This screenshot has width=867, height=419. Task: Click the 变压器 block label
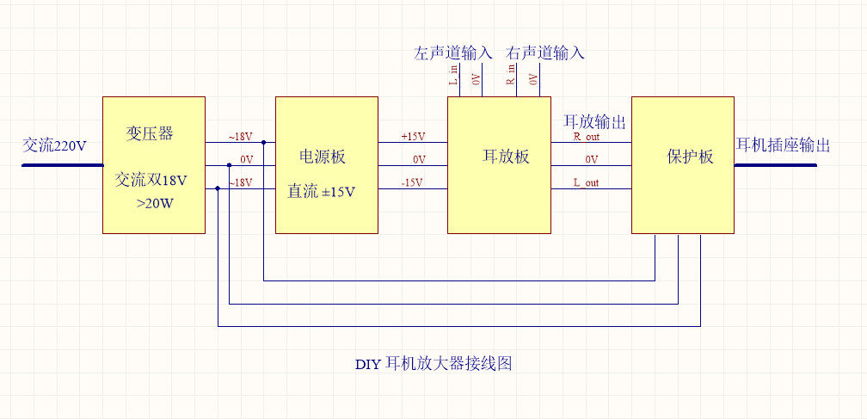pyautogui.click(x=150, y=133)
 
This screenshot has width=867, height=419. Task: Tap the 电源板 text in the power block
pyautogui.click(x=322, y=157)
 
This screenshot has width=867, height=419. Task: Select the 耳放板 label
pyautogui.click(x=505, y=157)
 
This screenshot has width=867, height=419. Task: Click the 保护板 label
pyautogui.click(x=690, y=157)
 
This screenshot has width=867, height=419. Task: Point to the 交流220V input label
pyautogui.click(x=54, y=145)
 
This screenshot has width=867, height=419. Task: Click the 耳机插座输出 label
pyautogui.click(x=783, y=145)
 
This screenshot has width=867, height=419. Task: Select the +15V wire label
pyautogui.click(x=413, y=137)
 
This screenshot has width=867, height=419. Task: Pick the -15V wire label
pyautogui.click(x=413, y=182)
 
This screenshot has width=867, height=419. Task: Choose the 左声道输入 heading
pyautogui.click(x=453, y=53)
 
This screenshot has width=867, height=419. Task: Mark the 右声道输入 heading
pyautogui.click(x=545, y=53)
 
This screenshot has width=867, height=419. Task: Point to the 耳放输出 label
pyautogui.click(x=594, y=121)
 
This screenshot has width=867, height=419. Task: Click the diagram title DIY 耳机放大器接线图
pyautogui.click(x=433, y=364)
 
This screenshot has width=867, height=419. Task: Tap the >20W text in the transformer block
pyautogui.click(x=153, y=204)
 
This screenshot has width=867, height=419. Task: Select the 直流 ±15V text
pyautogui.click(x=321, y=192)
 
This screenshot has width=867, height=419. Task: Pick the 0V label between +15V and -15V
pyautogui.click(x=419, y=160)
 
